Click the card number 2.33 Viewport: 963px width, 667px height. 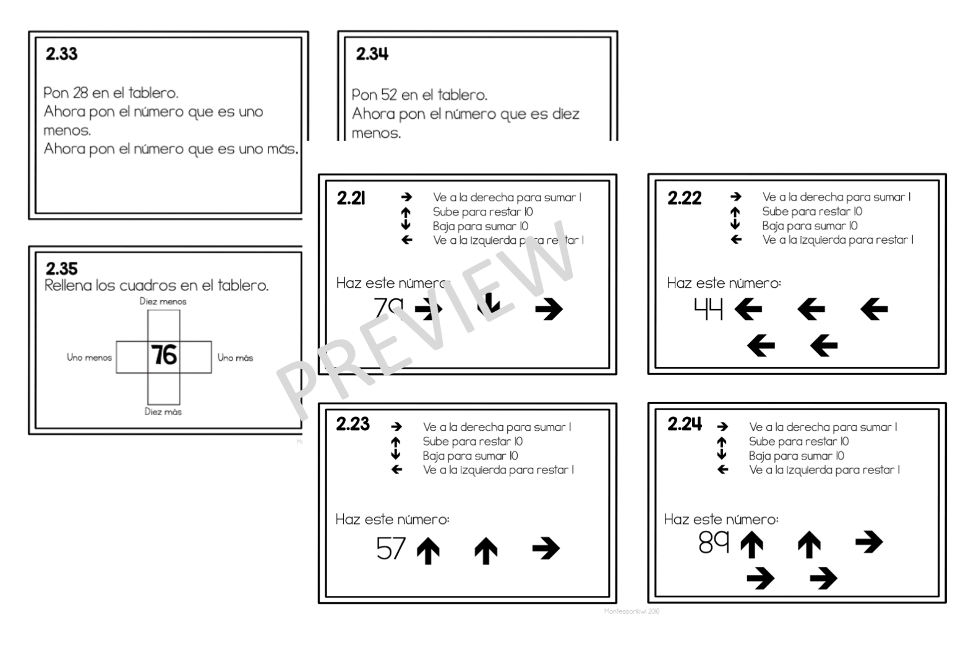click(x=62, y=54)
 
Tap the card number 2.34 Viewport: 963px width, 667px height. click(x=372, y=54)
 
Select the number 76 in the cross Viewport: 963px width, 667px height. click(x=164, y=356)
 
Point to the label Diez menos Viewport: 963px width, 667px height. click(x=163, y=301)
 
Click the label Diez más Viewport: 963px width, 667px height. click(x=163, y=411)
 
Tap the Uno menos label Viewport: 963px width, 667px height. click(x=89, y=357)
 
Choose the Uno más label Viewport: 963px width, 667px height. click(x=235, y=357)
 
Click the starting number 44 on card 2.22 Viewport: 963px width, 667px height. click(x=708, y=308)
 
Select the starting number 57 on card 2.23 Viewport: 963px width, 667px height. click(x=391, y=549)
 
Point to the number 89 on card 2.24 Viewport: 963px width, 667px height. click(x=714, y=543)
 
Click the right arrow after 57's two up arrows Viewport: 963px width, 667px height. click(x=546, y=548)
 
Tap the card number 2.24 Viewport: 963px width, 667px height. click(x=685, y=424)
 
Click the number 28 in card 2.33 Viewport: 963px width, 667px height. click(x=80, y=93)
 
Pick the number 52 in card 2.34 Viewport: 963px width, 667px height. click(x=388, y=95)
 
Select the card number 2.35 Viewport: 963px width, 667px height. click(x=62, y=269)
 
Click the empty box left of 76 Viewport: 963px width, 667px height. click(x=132, y=357)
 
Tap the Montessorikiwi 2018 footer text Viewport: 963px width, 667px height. click(x=631, y=611)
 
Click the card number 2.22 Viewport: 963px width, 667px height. click(x=684, y=198)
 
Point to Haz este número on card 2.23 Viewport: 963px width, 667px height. click(x=392, y=519)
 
